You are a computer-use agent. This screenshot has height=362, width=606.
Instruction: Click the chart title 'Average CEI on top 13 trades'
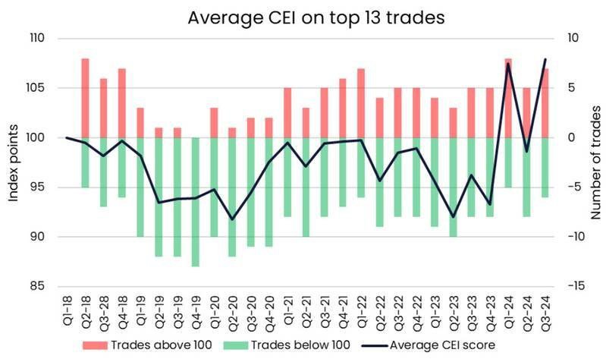(303, 16)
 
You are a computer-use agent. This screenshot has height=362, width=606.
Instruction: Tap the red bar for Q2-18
(85, 98)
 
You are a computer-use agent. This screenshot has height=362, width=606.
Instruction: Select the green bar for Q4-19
(196, 202)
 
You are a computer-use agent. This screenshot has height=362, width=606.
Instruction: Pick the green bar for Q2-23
(453, 187)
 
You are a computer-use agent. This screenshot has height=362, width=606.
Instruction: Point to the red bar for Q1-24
(508, 98)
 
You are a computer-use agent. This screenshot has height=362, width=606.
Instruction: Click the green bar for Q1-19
(140, 187)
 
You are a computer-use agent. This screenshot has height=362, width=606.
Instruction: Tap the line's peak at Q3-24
(545, 59)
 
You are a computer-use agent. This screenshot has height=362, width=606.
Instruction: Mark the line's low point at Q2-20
(232, 219)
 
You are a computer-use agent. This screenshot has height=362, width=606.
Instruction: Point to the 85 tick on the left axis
(38, 287)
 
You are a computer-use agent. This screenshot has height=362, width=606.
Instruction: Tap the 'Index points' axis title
(13, 162)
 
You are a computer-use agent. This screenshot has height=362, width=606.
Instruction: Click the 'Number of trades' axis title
(594, 162)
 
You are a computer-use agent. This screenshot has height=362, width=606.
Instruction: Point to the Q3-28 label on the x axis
(103, 312)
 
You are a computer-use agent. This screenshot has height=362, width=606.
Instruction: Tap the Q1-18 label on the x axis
(67, 312)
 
